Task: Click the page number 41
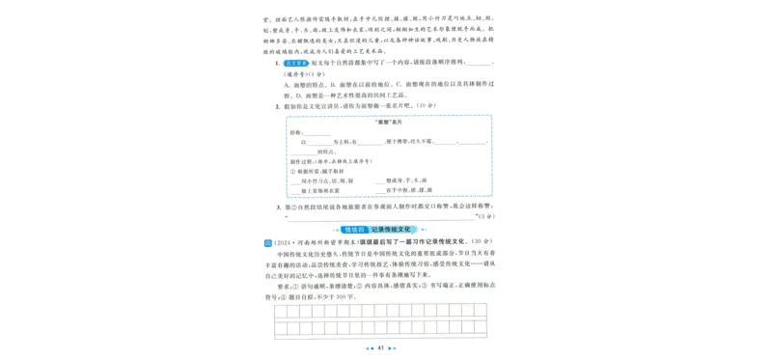[382, 348]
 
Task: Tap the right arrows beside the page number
[397, 348]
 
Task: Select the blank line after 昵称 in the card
[318, 134]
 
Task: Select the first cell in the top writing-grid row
[280, 311]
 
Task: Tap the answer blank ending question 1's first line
[477, 64]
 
